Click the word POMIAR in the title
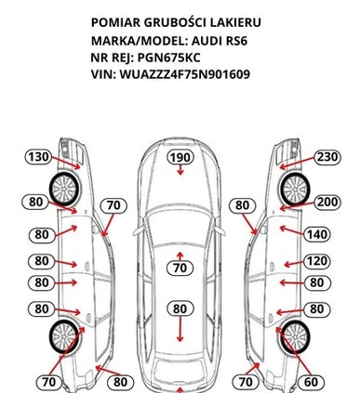tap(115, 22)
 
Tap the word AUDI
tap(206, 41)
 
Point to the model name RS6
tap(236, 41)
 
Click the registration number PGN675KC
tap(168, 58)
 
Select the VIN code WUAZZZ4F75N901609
tap(185, 74)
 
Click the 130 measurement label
tap(38, 157)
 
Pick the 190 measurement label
tap(180, 157)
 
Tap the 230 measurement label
tap(327, 157)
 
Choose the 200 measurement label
tap(327, 202)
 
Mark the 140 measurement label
tap(317, 234)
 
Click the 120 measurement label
tap(317, 261)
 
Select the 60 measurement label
tap(311, 382)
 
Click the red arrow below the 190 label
tap(180, 170)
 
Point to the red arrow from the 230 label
tap(297, 164)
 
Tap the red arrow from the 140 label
tap(292, 230)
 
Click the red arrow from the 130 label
tap(66, 163)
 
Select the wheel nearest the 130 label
tap(64, 189)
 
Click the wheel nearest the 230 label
tap(295, 189)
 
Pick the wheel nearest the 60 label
tap(295, 337)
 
